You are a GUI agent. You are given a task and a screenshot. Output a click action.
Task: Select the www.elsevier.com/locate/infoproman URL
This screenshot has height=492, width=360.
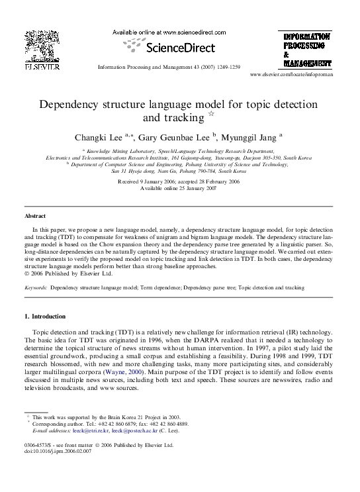pyautogui.click(x=291, y=75)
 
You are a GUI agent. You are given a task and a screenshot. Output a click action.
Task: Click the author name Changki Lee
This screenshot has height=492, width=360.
pyautogui.click(x=99, y=138)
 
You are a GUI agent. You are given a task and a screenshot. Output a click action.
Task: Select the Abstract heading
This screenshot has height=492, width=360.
pyautogui.click(x=35, y=216)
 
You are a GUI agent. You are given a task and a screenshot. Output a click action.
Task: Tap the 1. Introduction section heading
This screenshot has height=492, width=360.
pyautogui.click(x=45, y=316)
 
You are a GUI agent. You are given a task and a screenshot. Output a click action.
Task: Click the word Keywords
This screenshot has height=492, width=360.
pyautogui.click(x=35, y=288)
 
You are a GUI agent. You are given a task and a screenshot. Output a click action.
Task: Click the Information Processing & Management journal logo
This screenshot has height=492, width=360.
pyautogui.click(x=307, y=50)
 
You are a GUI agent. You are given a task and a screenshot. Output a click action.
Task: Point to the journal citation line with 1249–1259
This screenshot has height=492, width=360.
pyautogui.click(x=168, y=68)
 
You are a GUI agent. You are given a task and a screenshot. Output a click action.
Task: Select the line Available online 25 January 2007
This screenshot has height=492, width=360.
pyautogui.click(x=178, y=188)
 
